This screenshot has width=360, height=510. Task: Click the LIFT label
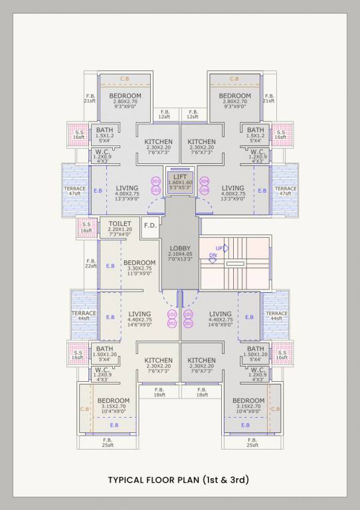click(x=180, y=176)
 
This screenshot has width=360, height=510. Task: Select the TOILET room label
click(x=120, y=224)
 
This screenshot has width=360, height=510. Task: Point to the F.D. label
click(x=150, y=225)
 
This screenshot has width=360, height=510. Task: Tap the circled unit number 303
click(x=156, y=181)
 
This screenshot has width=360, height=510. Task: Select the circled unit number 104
click(x=204, y=190)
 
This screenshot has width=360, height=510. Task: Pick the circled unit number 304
click(x=204, y=181)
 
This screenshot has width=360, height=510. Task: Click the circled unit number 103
click(x=156, y=190)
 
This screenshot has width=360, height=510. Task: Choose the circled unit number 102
click(x=172, y=314)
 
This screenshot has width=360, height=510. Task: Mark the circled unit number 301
click(x=188, y=323)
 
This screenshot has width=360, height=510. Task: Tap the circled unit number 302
click(x=172, y=323)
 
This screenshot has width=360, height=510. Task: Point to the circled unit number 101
click(x=188, y=314)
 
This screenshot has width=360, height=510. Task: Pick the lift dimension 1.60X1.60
click(x=180, y=182)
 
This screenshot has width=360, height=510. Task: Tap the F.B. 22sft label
click(x=91, y=264)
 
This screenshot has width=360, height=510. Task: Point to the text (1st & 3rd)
click(x=226, y=479)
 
